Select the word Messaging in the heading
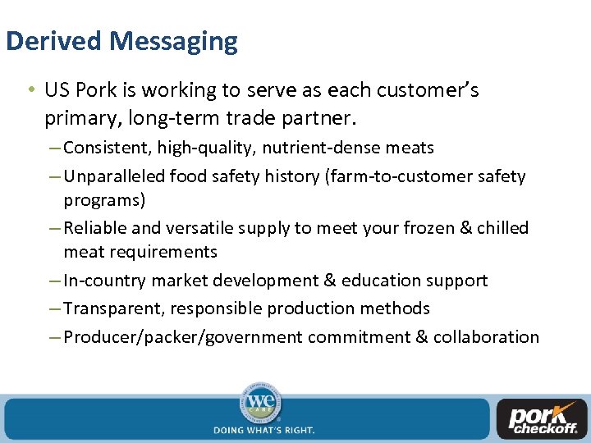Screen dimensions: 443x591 pyautogui.click(x=174, y=41)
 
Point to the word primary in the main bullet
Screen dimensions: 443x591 pyautogui.click(x=83, y=119)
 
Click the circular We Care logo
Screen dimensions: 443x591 pyautogui.click(x=260, y=403)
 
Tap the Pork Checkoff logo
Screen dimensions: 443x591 pyautogui.click(x=543, y=418)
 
